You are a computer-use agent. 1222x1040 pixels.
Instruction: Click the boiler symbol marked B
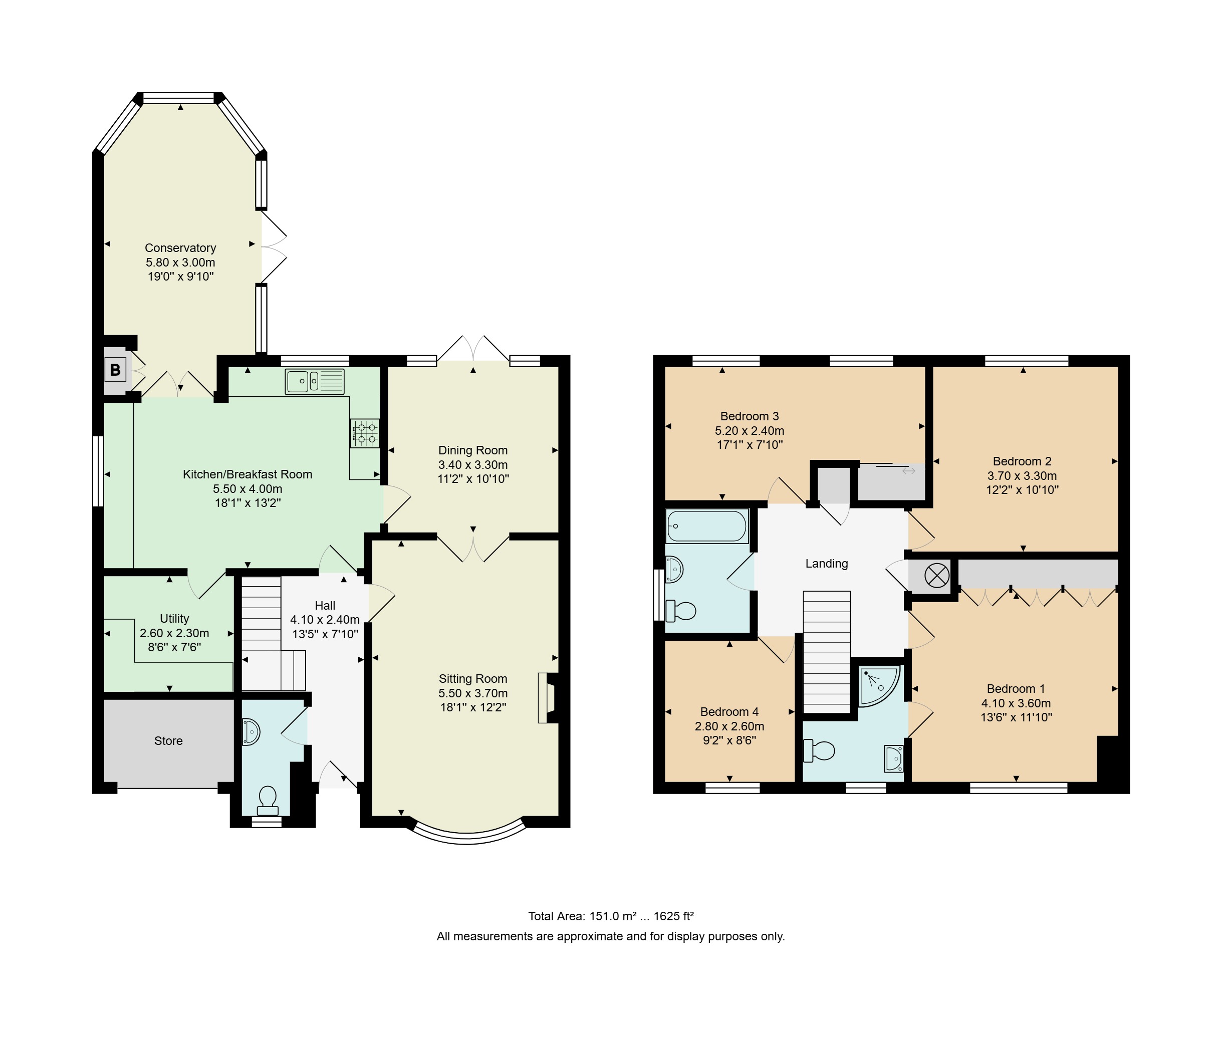tap(116, 370)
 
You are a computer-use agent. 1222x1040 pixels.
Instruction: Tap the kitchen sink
tap(315, 381)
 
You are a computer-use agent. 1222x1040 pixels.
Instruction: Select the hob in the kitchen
tap(365, 433)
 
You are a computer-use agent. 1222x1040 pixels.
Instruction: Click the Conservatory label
tap(180, 247)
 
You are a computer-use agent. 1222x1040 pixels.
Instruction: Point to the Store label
tap(168, 740)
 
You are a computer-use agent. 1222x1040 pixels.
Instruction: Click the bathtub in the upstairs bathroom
tap(707, 526)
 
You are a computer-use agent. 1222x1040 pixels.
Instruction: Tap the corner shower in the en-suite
tap(879, 686)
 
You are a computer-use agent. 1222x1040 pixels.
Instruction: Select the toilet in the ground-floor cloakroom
tap(268, 801)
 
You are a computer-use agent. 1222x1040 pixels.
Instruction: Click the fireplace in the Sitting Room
tap(547, 698)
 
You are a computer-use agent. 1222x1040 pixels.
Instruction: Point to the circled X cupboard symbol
tap(937, 576)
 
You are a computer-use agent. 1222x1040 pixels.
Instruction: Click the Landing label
tap(827, 564)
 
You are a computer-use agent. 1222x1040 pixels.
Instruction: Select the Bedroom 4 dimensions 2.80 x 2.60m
tap(729, 726)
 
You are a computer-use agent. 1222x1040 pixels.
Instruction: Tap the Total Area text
tap(611, 916)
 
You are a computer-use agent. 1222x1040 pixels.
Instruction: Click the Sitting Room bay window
tap(467, 835)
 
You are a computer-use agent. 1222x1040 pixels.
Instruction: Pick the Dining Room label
tap(473, 450)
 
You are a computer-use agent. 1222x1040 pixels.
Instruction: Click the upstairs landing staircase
tap(827, 652)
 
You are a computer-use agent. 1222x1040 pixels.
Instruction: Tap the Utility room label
tap(174, 619)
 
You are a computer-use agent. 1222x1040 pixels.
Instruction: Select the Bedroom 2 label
tap(1022, 461)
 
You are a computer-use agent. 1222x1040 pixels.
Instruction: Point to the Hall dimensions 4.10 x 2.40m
tap(325, 620)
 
